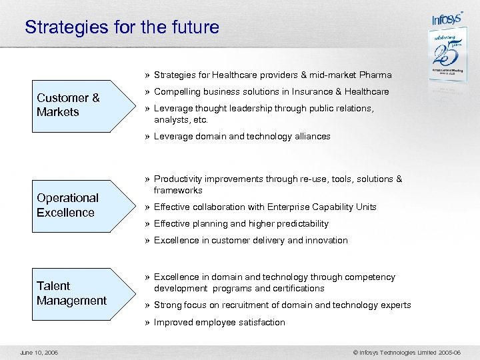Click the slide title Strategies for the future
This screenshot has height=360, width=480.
click(x=121, y=27)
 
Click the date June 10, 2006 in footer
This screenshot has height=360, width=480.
click(x=39, y=351)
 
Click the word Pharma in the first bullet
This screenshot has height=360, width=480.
click(x=375, y=75)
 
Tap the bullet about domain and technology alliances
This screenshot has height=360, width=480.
click(x=242, y=137)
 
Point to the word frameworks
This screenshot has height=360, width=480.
click(x=178, y=191)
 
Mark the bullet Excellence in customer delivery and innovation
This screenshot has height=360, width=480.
click(x=251, y=241)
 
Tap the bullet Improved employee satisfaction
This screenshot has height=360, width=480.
click(x=219, y=323)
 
